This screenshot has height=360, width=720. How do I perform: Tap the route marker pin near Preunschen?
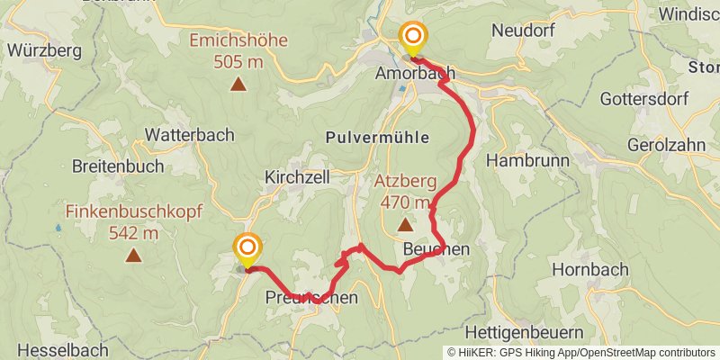coord(247,248)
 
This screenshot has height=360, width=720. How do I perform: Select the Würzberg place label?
coord(44,50)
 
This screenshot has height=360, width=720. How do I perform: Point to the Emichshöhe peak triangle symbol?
coord(238,85)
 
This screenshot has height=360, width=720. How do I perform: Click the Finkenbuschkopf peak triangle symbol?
coord(133,256)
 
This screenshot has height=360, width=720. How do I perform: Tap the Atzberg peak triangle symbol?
coord(404,224)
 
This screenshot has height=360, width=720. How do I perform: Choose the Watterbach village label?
coord(189,134)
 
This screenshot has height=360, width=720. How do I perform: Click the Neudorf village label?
coord(524,30)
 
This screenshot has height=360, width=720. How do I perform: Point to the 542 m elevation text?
coord(133,233)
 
